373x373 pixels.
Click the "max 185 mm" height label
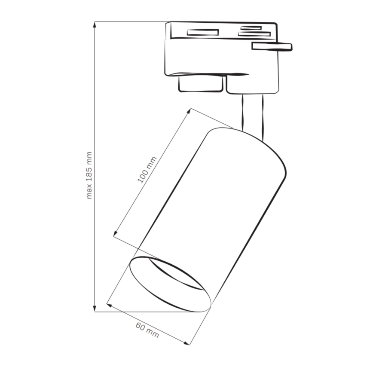click(x=89, y=175)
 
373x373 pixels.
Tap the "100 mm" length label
click(x=147, y=169)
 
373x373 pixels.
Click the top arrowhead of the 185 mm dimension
click(x=95, y=24)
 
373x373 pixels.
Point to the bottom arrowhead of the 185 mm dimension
click(x=95, y=308)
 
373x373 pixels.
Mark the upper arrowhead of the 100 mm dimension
click(x=189, y=111)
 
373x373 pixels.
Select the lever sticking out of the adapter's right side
click(x=272, y=46)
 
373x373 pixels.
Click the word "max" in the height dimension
click(x=89, y=193)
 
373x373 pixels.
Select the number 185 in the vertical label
click(x=89, y=174)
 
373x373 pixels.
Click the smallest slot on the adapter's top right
click(x=251, y=28)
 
